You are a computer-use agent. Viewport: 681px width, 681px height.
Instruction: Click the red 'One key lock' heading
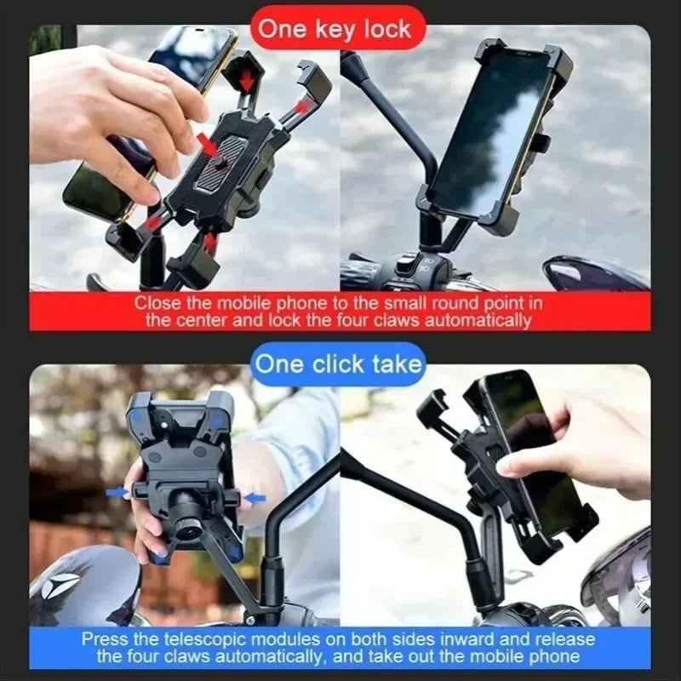coord(334,30)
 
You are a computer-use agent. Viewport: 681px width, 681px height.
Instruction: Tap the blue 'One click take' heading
coord(339,363)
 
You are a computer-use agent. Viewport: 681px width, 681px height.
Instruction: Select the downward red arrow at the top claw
coord(248,78)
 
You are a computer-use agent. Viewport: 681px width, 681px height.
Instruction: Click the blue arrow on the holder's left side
coord(117,492)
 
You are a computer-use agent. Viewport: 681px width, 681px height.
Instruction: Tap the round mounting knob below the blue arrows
coord(185,514)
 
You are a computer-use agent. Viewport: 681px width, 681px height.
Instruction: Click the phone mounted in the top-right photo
coord(489,136)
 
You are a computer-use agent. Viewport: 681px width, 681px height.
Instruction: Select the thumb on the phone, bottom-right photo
coord(511,464)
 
